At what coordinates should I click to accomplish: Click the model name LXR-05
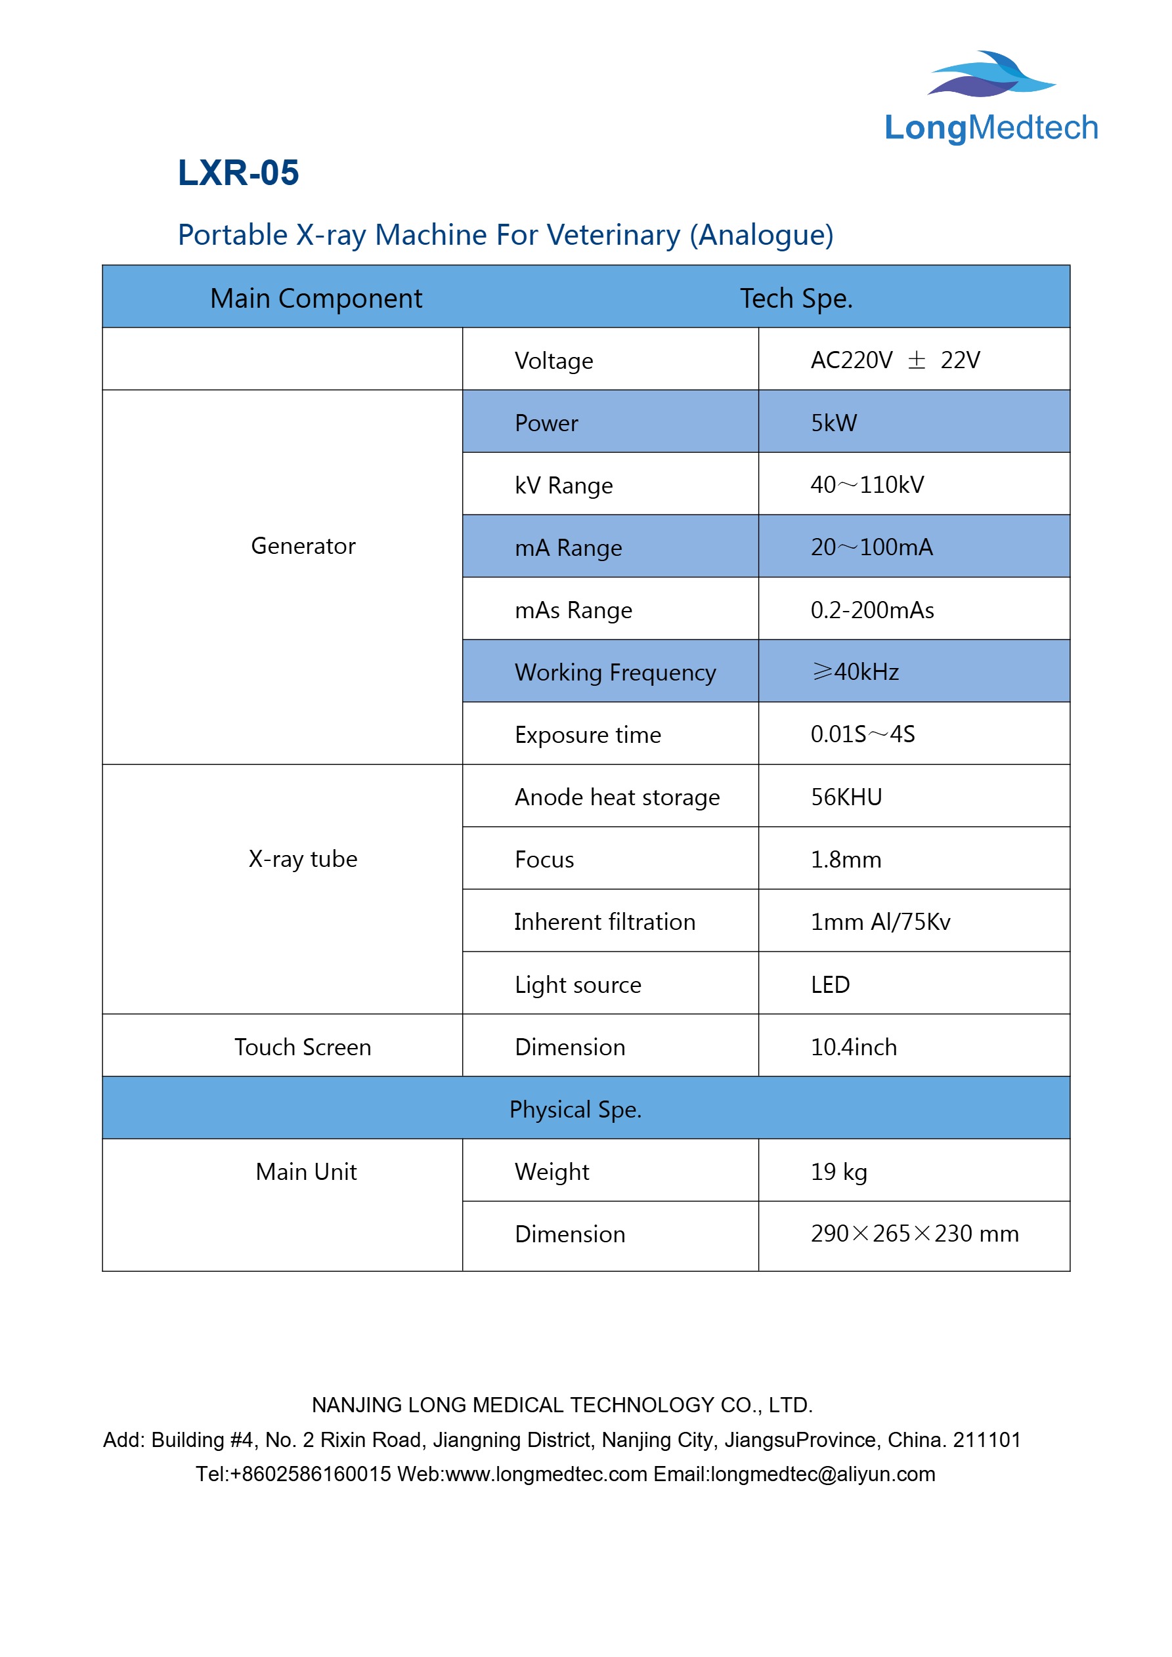238,173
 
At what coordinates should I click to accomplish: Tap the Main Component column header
316,299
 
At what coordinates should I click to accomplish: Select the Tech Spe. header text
796,299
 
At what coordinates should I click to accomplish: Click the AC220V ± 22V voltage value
895,360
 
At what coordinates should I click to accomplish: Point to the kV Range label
563,486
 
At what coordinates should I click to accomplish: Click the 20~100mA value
871,548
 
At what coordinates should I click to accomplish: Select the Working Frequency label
615,673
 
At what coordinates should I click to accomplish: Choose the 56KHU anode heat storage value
846,797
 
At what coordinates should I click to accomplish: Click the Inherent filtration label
605,922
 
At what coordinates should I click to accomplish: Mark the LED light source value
830,985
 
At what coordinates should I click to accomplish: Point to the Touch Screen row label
303,1047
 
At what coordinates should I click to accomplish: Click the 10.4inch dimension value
854,1047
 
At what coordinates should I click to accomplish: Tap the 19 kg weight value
838,1172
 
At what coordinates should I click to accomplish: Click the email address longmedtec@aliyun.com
823,1474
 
